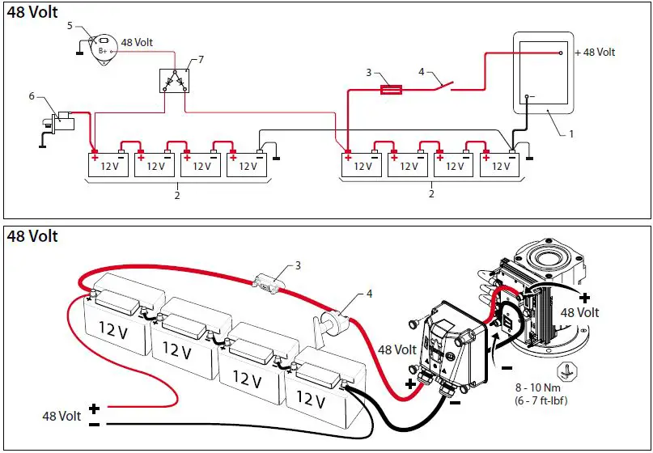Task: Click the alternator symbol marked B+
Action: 103,49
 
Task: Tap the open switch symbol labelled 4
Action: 442,84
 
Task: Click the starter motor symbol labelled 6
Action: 61,121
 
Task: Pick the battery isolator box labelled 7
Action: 174,81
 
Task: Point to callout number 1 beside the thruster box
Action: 571,133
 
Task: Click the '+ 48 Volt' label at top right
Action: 595,53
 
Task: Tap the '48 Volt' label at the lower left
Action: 62,416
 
